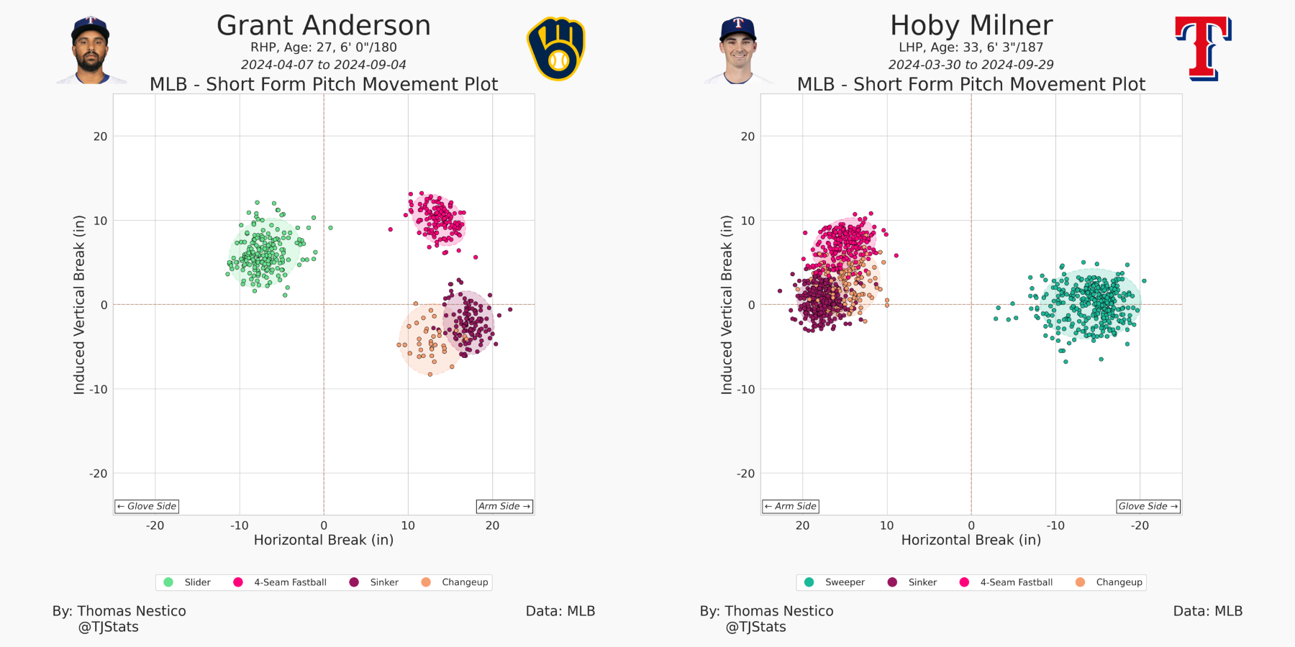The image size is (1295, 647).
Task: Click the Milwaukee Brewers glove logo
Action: [x=555, y=49]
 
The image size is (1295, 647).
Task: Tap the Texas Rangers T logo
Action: [x=1203, y=49]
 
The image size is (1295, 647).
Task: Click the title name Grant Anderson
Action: [x=323, y=26]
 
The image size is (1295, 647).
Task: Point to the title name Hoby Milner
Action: [x=971, y=26]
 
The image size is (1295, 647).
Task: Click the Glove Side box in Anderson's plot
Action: [x=147, y=506]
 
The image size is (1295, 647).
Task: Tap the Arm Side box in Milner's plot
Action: [x=791, y=506]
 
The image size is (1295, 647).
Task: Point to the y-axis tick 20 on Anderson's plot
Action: [x=101, y=137]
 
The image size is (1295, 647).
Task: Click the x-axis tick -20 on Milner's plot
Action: [x=1140, y=526]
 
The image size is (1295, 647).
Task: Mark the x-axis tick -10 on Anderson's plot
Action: [x=239, y=526]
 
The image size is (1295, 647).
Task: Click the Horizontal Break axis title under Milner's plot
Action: [x=971, y=540]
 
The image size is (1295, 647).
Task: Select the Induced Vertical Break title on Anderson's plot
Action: [x=79, y=305]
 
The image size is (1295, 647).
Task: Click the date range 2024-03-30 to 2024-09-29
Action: [x=971, y=65]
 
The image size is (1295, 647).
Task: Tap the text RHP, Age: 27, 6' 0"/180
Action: [x=323, y=47]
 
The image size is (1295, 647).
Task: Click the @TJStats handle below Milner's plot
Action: [x=755, y=627]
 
